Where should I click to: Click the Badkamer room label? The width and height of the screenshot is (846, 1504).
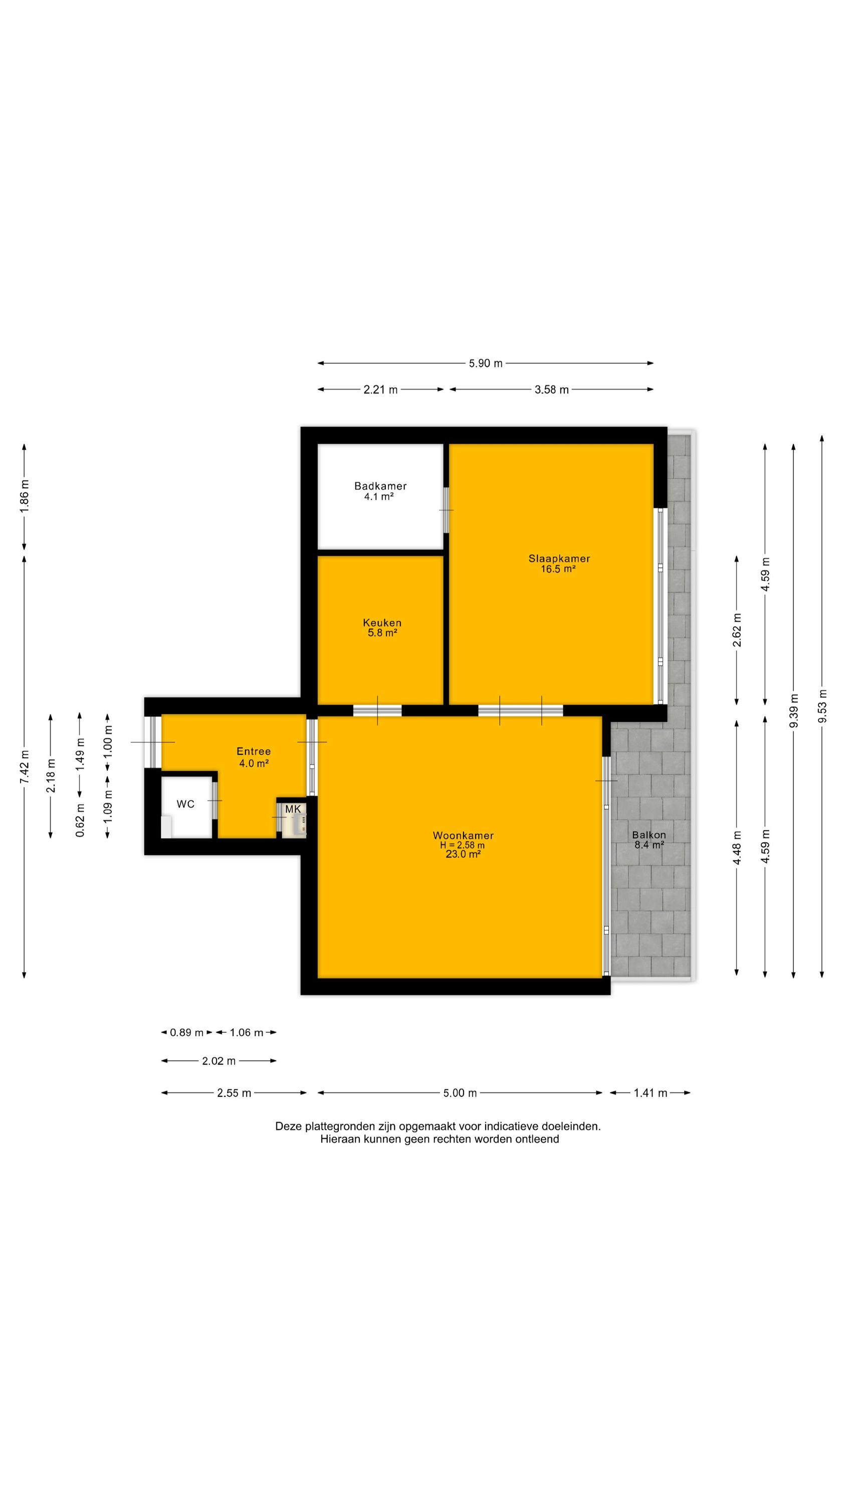click(380, 486)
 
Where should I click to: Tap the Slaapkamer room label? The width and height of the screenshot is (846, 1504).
click(559, 558)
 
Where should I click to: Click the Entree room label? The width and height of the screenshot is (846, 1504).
click(254, 751)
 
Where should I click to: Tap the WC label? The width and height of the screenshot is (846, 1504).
click(185, 804)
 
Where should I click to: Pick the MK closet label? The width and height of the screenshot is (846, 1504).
click(293, 809)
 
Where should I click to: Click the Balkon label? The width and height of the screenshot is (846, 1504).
click(649, 835)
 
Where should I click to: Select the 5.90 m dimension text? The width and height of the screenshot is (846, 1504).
click(486, 363)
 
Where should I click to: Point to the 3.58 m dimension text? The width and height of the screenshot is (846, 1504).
click(552, 390)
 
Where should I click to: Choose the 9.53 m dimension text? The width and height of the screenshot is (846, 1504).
click(822, 706)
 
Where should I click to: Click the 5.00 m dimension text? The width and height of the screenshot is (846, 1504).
click(460, 1093)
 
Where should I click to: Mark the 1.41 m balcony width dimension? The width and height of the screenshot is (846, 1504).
click(651, 1093)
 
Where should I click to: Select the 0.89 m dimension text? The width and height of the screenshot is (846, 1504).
click(187, 1032)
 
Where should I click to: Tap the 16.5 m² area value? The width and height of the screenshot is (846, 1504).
click(558, 569)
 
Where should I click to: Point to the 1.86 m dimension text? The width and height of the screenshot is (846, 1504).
click(24, 497)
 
